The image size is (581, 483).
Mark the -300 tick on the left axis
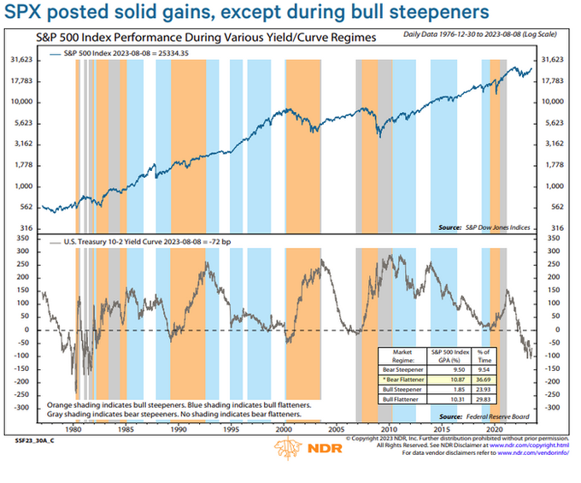pos(22,407)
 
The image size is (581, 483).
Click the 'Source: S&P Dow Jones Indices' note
pos(484,227)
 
